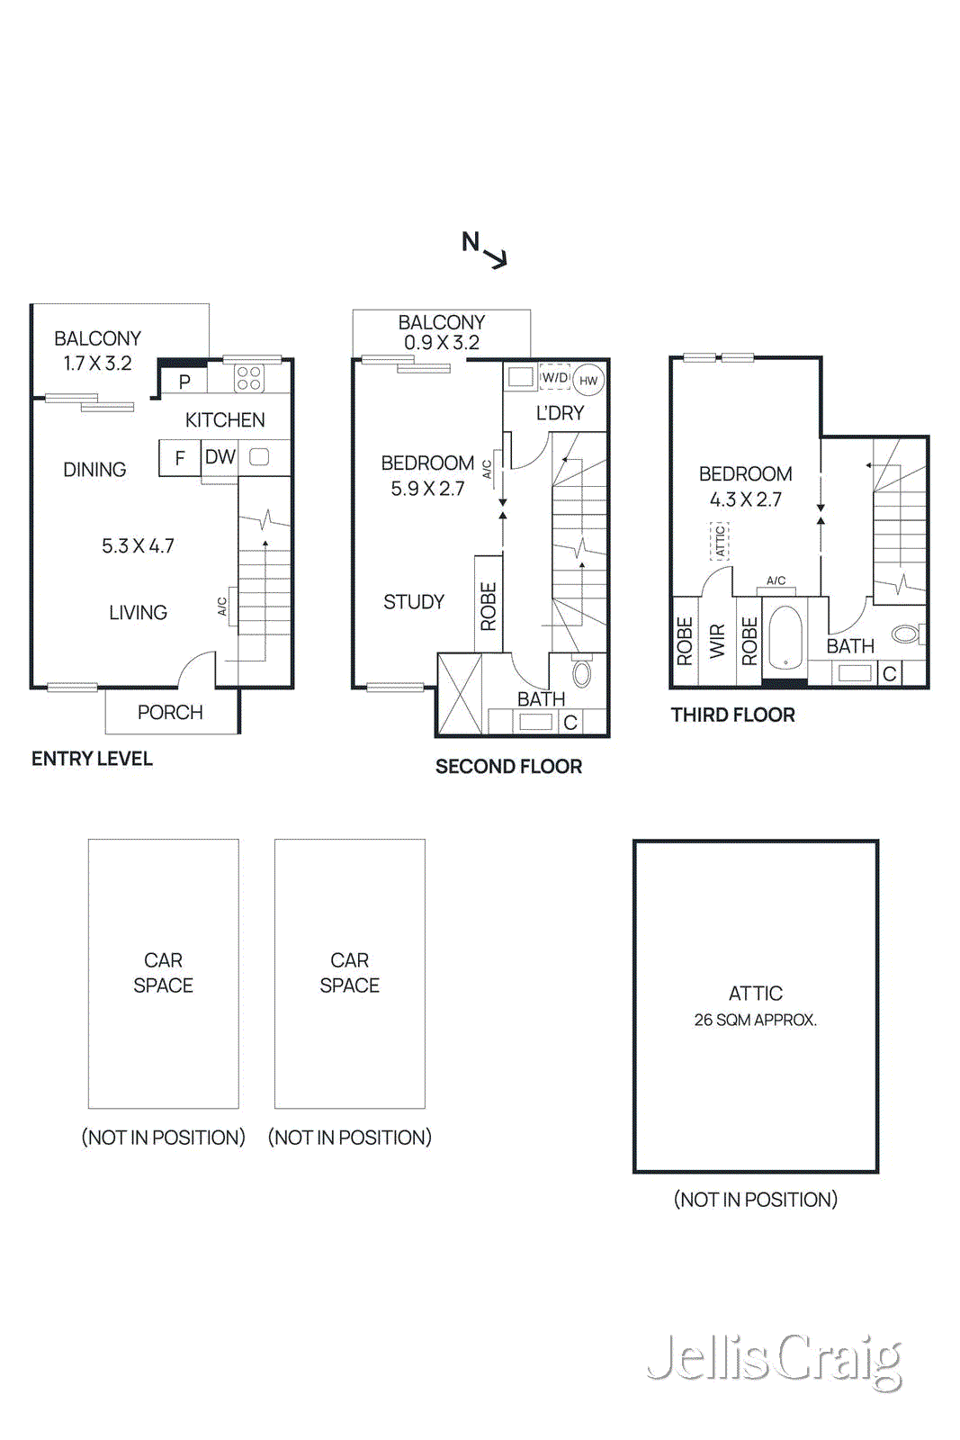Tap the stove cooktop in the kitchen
pos(249,378)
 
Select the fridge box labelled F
pos(180,458)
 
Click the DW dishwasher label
pos(220,457)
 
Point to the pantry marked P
pos(184,382)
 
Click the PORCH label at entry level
pos(170,712)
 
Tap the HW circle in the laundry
pos(588,381)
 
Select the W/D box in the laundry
pos(555,378)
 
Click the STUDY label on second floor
pos(414,601)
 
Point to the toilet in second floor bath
pos(582,672)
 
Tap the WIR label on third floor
pos(717,641)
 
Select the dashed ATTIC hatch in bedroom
pos(720,541)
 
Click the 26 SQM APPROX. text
pos(755,1020)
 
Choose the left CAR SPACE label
pos(163,973)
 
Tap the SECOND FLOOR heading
pos(508,767)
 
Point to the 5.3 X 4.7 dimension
pos(138,545)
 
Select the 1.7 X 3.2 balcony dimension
pos(97,364)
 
